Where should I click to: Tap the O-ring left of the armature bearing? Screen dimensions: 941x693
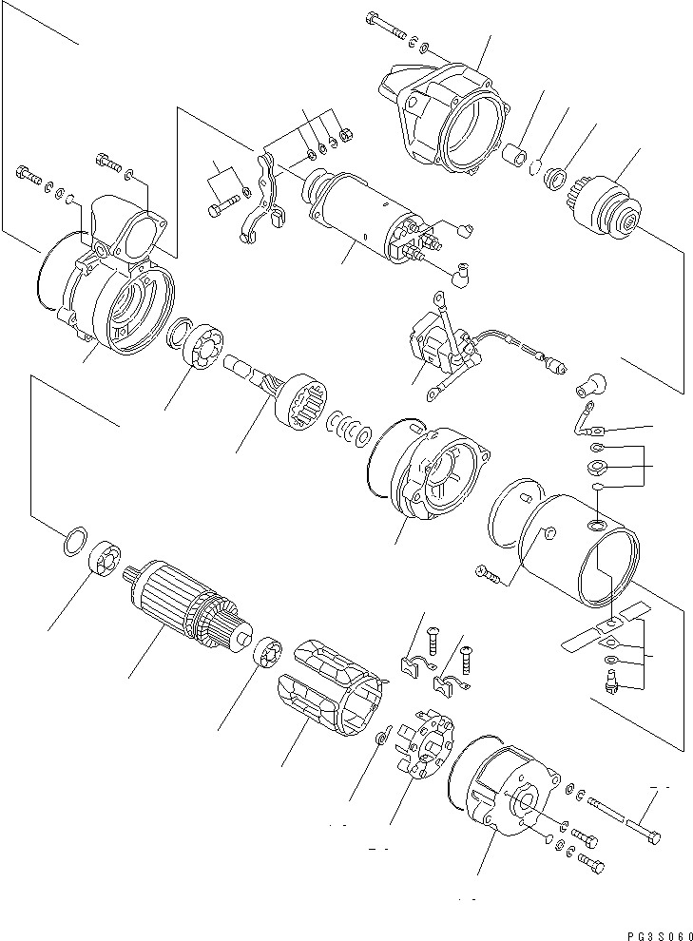coord(75,542)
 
